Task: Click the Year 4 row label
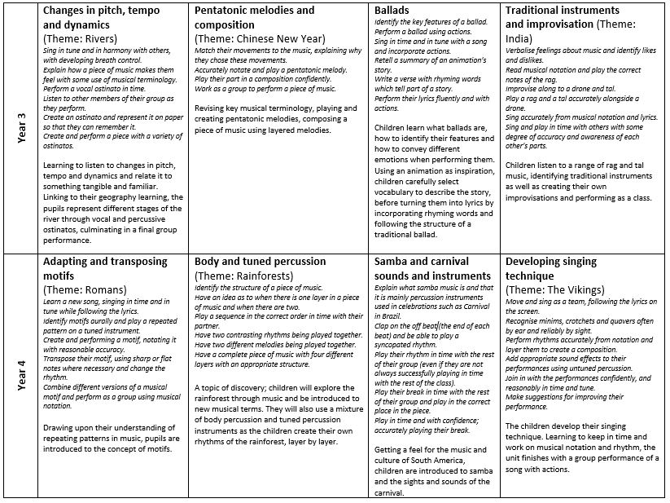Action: point(21,376)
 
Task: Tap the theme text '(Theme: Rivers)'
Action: point(80,38)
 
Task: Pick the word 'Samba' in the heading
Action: point(392,262)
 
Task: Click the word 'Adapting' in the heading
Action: point(68,262)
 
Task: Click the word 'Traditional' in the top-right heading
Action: point(538,11)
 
